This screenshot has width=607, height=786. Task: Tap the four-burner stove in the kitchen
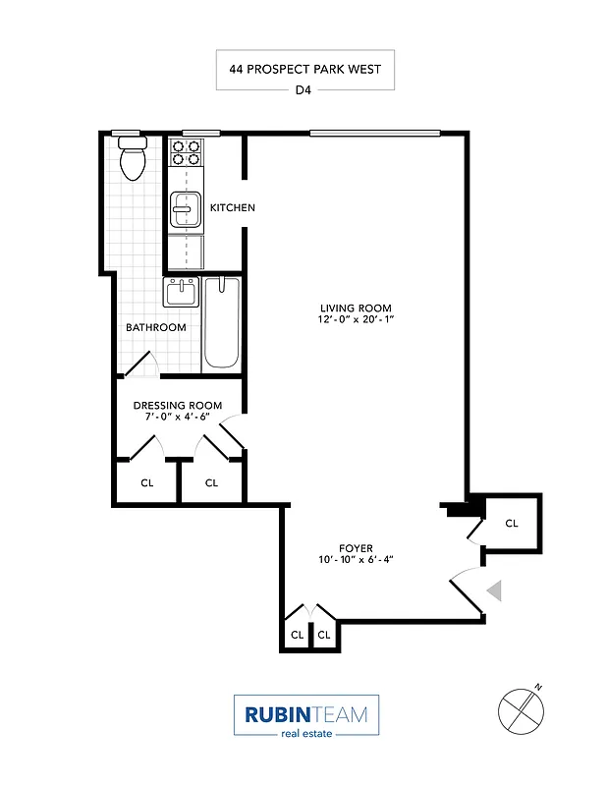(186, 151)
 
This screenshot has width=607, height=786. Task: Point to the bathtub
(222, 322)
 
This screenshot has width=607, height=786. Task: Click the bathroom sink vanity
(181, 293)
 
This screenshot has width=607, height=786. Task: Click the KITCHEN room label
(233, 207)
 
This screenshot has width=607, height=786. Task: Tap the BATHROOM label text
(155, 327)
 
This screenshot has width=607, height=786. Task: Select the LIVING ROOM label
(355, 308)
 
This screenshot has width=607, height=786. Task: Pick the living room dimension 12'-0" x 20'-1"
(355, 320)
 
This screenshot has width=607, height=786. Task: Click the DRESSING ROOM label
(178, 405)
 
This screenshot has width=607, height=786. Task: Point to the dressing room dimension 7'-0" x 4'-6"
(178, 417)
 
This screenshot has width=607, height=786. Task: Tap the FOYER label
(356, 548)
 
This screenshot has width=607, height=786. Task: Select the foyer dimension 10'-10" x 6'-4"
(356, 560)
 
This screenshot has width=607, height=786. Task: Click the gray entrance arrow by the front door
(495, 589)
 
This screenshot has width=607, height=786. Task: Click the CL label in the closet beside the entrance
(511, 524)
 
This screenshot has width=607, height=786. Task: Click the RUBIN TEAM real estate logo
(305, 715)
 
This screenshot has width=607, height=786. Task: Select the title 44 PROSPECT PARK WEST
(305, 70)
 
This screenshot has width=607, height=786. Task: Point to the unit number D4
(305, 92)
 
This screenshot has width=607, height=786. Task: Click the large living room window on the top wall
(373, 133)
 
